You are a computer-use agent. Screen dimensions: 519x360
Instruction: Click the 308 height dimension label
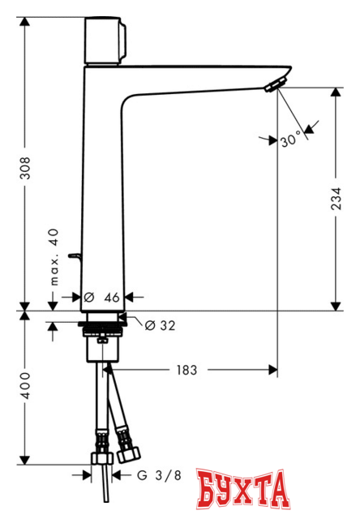tap(25, 168)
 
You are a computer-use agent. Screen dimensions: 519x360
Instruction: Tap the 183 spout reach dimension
tap(186, 370)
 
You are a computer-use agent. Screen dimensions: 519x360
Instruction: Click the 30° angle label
tap(290, 140)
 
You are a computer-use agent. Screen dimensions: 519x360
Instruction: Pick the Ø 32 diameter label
tap(160, 325)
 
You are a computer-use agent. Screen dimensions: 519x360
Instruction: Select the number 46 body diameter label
tap(113, 298)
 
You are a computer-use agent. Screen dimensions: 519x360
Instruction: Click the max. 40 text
tap(54, 258)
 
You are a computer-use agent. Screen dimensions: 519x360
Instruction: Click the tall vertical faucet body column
tap(101, 187)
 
